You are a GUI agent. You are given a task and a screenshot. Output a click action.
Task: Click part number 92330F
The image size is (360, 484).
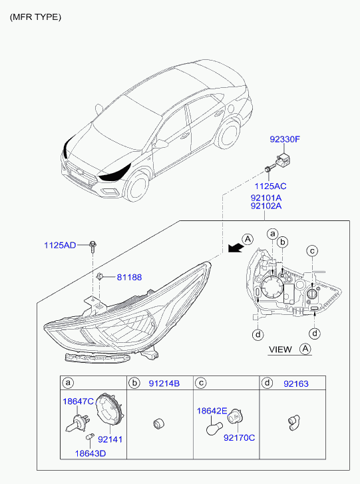285,139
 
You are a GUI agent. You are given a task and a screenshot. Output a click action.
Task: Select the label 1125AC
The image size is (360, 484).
270,186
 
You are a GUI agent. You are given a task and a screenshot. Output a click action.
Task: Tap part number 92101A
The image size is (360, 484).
266,198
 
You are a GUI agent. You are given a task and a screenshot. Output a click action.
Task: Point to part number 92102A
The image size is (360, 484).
266,206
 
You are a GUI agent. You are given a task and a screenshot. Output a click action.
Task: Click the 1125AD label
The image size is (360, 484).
60,246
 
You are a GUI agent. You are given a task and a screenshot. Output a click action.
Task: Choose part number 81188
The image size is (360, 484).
129,277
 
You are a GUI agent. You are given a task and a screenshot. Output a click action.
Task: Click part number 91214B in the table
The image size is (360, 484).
164,383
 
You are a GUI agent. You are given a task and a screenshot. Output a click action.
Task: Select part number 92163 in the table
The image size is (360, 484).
296,383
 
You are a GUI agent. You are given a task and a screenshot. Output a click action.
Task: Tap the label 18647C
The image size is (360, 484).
78,401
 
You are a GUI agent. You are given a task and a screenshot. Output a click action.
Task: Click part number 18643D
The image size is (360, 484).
90,453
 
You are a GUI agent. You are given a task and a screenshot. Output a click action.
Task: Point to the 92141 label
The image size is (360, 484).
110,439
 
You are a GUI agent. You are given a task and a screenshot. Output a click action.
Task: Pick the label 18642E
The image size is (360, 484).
212,411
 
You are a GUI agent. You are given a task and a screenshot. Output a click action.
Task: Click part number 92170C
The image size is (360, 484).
239,437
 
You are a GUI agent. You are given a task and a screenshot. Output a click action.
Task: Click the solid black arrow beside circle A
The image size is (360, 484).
235,248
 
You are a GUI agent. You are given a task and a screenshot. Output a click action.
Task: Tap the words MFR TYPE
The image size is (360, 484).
35,17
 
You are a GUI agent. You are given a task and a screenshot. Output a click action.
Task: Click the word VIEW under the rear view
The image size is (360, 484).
280,350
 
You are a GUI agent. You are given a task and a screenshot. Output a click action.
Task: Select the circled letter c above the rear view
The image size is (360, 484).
312,250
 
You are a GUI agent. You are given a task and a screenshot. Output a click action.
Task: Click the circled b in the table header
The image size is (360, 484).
134,383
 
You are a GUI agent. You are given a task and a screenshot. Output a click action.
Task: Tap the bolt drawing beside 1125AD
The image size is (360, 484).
92,246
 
